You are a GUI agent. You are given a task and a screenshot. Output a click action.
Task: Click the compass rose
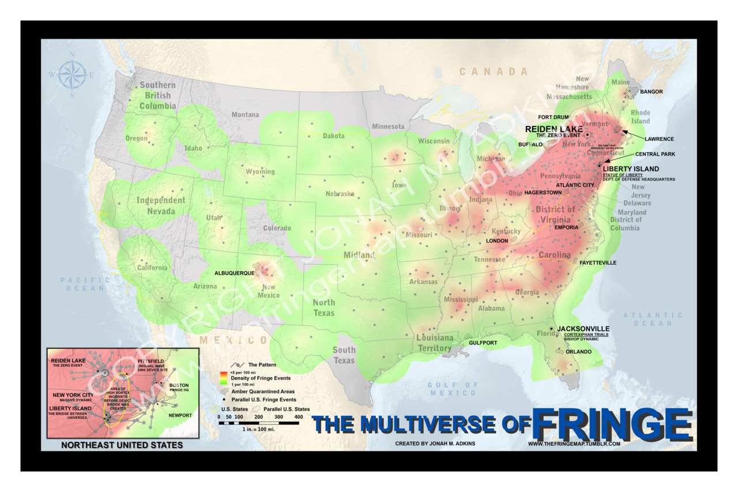click(72, 75)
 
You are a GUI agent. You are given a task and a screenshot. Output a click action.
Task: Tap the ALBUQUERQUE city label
click(234, 273)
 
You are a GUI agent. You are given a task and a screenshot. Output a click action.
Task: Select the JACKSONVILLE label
click(583, 329)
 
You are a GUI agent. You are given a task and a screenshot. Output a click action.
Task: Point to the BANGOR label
click(652, 92)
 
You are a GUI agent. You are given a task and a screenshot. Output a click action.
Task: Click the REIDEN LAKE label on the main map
click(553, 129)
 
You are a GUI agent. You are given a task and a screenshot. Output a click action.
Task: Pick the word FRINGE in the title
click(612, 426)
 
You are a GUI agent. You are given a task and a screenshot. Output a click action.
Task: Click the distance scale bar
click(258, 423)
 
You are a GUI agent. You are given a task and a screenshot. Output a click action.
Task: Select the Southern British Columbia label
click(157, 95)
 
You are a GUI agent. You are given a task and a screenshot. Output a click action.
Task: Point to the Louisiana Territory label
click(435, 343)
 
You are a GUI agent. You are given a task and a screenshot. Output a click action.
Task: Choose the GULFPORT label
click(483, 343)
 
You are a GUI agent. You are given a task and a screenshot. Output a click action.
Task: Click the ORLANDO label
click(578, 351)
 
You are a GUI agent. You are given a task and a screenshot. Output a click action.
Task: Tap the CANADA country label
click(494, 72)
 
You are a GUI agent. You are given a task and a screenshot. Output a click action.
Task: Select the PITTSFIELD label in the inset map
click(151, 362)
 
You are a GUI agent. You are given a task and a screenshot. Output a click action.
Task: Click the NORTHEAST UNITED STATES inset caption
click(122, 445)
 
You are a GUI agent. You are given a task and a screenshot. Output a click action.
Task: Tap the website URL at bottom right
click(574, 444)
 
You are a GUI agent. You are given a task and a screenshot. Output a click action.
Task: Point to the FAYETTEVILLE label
click(598, 263)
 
